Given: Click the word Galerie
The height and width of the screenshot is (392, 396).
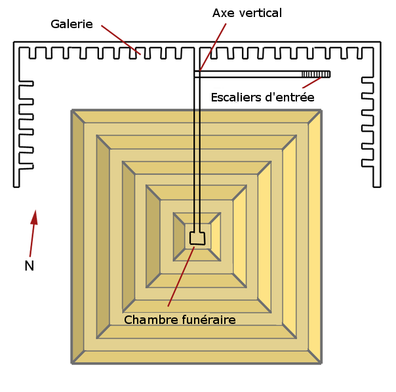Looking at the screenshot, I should coord(71,24).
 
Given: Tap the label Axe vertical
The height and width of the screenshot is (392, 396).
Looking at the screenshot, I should coord(247,13).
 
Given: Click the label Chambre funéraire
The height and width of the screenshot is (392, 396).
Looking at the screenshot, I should coord(179,319).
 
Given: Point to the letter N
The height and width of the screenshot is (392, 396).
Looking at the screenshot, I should coord(29,266).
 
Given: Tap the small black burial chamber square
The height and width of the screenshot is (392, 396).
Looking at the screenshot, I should coord(197,238).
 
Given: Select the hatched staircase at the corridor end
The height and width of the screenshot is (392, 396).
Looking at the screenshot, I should coord(316,74).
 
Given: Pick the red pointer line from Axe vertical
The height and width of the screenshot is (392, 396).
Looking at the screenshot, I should coord(214,46).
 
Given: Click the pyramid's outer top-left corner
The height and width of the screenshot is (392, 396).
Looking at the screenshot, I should coord(72,111).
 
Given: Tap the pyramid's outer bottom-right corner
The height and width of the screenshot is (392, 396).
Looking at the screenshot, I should coord(321,362).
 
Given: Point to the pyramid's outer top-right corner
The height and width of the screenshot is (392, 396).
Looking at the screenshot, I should coord(321,111).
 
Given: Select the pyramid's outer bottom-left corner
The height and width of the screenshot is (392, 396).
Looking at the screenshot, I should coord(72,362).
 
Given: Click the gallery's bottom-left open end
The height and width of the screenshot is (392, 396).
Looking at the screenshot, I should coord(16,186).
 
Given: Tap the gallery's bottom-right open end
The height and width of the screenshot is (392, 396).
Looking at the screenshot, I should coord(378,186).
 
